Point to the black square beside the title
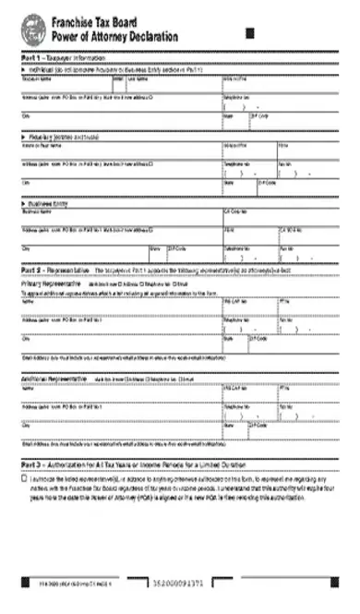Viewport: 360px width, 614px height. coord(250,33)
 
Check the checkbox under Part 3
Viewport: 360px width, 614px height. coord(24,480)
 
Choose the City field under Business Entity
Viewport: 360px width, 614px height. coord(83,254)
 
